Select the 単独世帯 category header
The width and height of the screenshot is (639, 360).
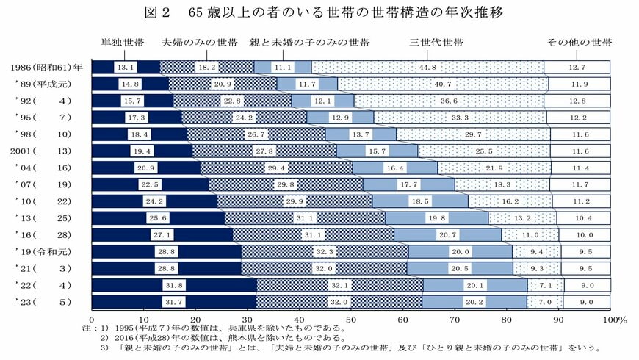click(122, 42)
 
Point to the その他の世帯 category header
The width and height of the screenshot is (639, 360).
click(579, 42)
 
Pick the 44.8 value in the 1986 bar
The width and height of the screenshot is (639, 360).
click(427, 68)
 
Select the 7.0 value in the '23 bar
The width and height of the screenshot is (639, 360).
click(544, 302)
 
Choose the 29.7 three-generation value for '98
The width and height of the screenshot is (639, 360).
click(473, 134)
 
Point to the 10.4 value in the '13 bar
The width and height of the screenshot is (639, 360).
click(585, 218)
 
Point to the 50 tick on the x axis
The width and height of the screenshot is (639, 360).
click(350, 320)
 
